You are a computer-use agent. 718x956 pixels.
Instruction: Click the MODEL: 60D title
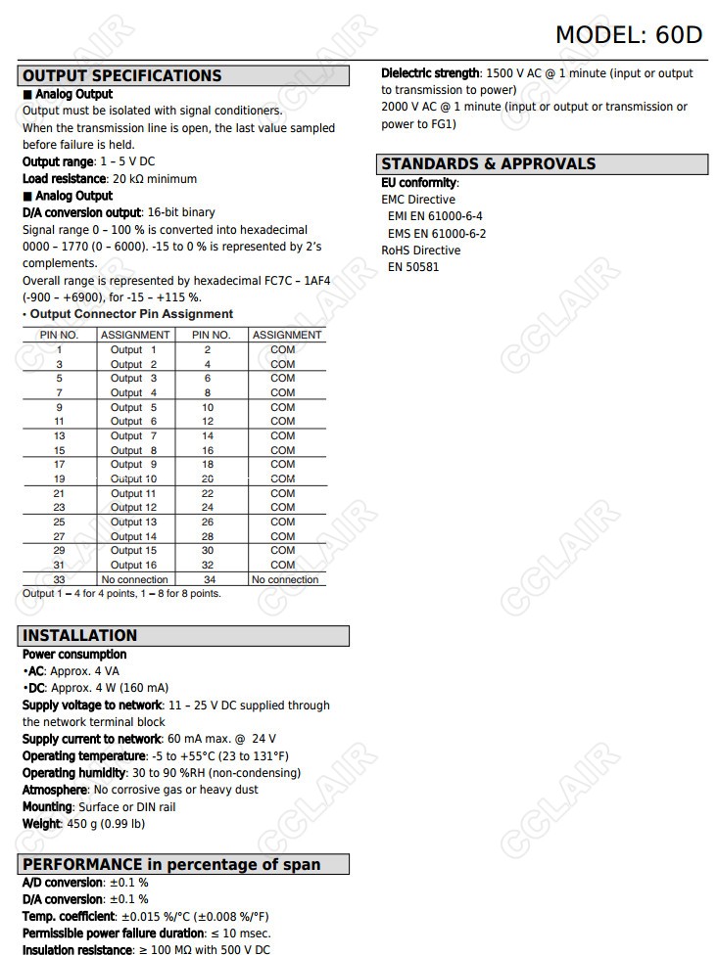tap(629, 34)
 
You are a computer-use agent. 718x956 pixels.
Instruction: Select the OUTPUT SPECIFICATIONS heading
tap(122, 75)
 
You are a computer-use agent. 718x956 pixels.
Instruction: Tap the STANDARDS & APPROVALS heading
tap(488, 163)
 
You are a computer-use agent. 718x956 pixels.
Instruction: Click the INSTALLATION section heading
tap(80, 635)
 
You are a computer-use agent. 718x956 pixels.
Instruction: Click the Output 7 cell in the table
tap(133, 435)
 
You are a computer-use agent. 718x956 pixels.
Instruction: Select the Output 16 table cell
tap(133, 565)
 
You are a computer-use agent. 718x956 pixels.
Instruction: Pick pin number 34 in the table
tap(208, 579)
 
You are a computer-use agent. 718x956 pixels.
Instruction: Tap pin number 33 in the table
tap(59, 579)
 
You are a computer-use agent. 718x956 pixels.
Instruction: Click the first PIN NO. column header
tap(59, 335)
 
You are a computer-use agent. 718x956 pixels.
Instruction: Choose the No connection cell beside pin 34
tap(285, 579)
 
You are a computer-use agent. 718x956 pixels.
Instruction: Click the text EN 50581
tap(413, 267)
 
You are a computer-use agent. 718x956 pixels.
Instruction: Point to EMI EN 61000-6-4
tap(435, 216)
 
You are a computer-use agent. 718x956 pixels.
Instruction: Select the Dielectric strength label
tap(430, 73)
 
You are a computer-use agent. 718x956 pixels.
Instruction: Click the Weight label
tap(42, 824)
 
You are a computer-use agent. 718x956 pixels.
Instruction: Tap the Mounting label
tap(47, 807)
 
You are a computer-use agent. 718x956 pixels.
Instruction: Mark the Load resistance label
tap(64, 179)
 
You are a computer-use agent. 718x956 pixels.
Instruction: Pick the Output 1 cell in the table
tap(133, 349)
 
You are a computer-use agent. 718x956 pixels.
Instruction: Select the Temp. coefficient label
tap(69, 916)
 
